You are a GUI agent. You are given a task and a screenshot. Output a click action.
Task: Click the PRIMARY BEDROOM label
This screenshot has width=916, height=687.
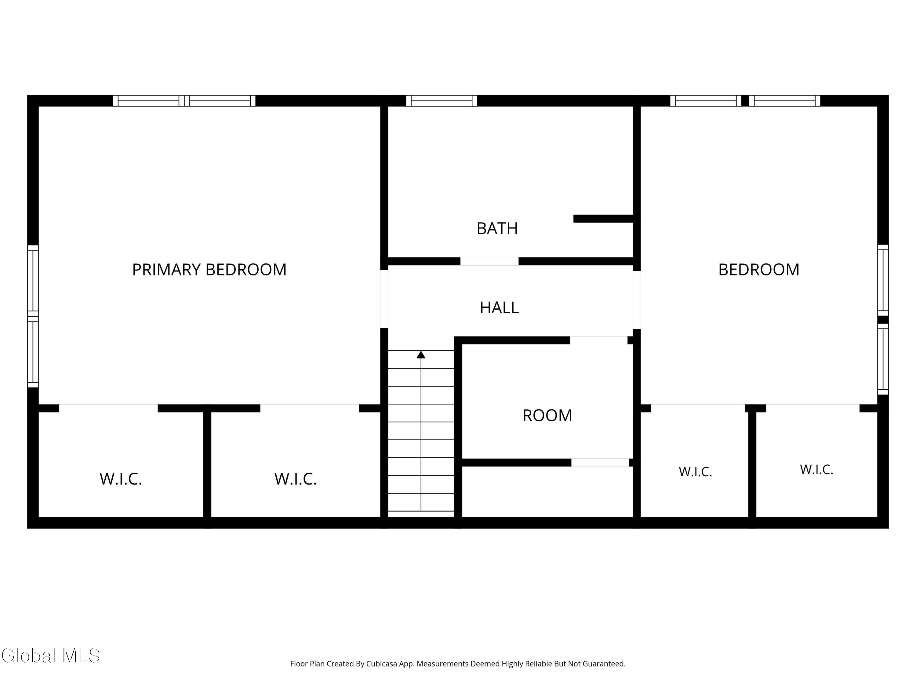[x=209, y=270]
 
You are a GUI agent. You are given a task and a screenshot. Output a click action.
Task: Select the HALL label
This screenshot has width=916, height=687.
[x=499, y=308]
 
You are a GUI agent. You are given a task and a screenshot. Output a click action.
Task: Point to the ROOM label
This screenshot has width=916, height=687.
[x=547, y=415]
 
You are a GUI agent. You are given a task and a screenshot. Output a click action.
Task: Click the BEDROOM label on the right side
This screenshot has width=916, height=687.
[x=759, y=270]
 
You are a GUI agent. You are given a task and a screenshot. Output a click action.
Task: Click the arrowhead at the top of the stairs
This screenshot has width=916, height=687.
[x=421, y=354]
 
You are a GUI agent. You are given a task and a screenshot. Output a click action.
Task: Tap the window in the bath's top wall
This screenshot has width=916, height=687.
[x=442, y=101]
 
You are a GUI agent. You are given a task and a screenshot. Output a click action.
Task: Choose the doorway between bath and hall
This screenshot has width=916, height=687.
[x=489, y=261]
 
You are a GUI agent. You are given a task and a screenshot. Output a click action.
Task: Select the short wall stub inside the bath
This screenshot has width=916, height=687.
[x=603, y=219]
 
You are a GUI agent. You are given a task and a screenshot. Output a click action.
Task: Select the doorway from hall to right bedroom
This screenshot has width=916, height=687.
[x=637, y=300]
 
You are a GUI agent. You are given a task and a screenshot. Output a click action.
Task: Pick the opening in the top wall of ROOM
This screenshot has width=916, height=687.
[x=599, y=340]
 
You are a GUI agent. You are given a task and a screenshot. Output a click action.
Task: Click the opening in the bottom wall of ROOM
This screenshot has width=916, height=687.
[x=600, y=463]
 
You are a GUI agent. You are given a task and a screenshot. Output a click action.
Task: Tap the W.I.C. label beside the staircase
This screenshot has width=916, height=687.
[x=295, y=479]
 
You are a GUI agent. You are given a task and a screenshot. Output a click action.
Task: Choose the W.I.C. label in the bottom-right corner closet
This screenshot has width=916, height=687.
[x=816, y=470]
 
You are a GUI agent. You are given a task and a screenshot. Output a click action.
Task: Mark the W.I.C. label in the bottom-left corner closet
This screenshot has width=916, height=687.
[x=121, y=479]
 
